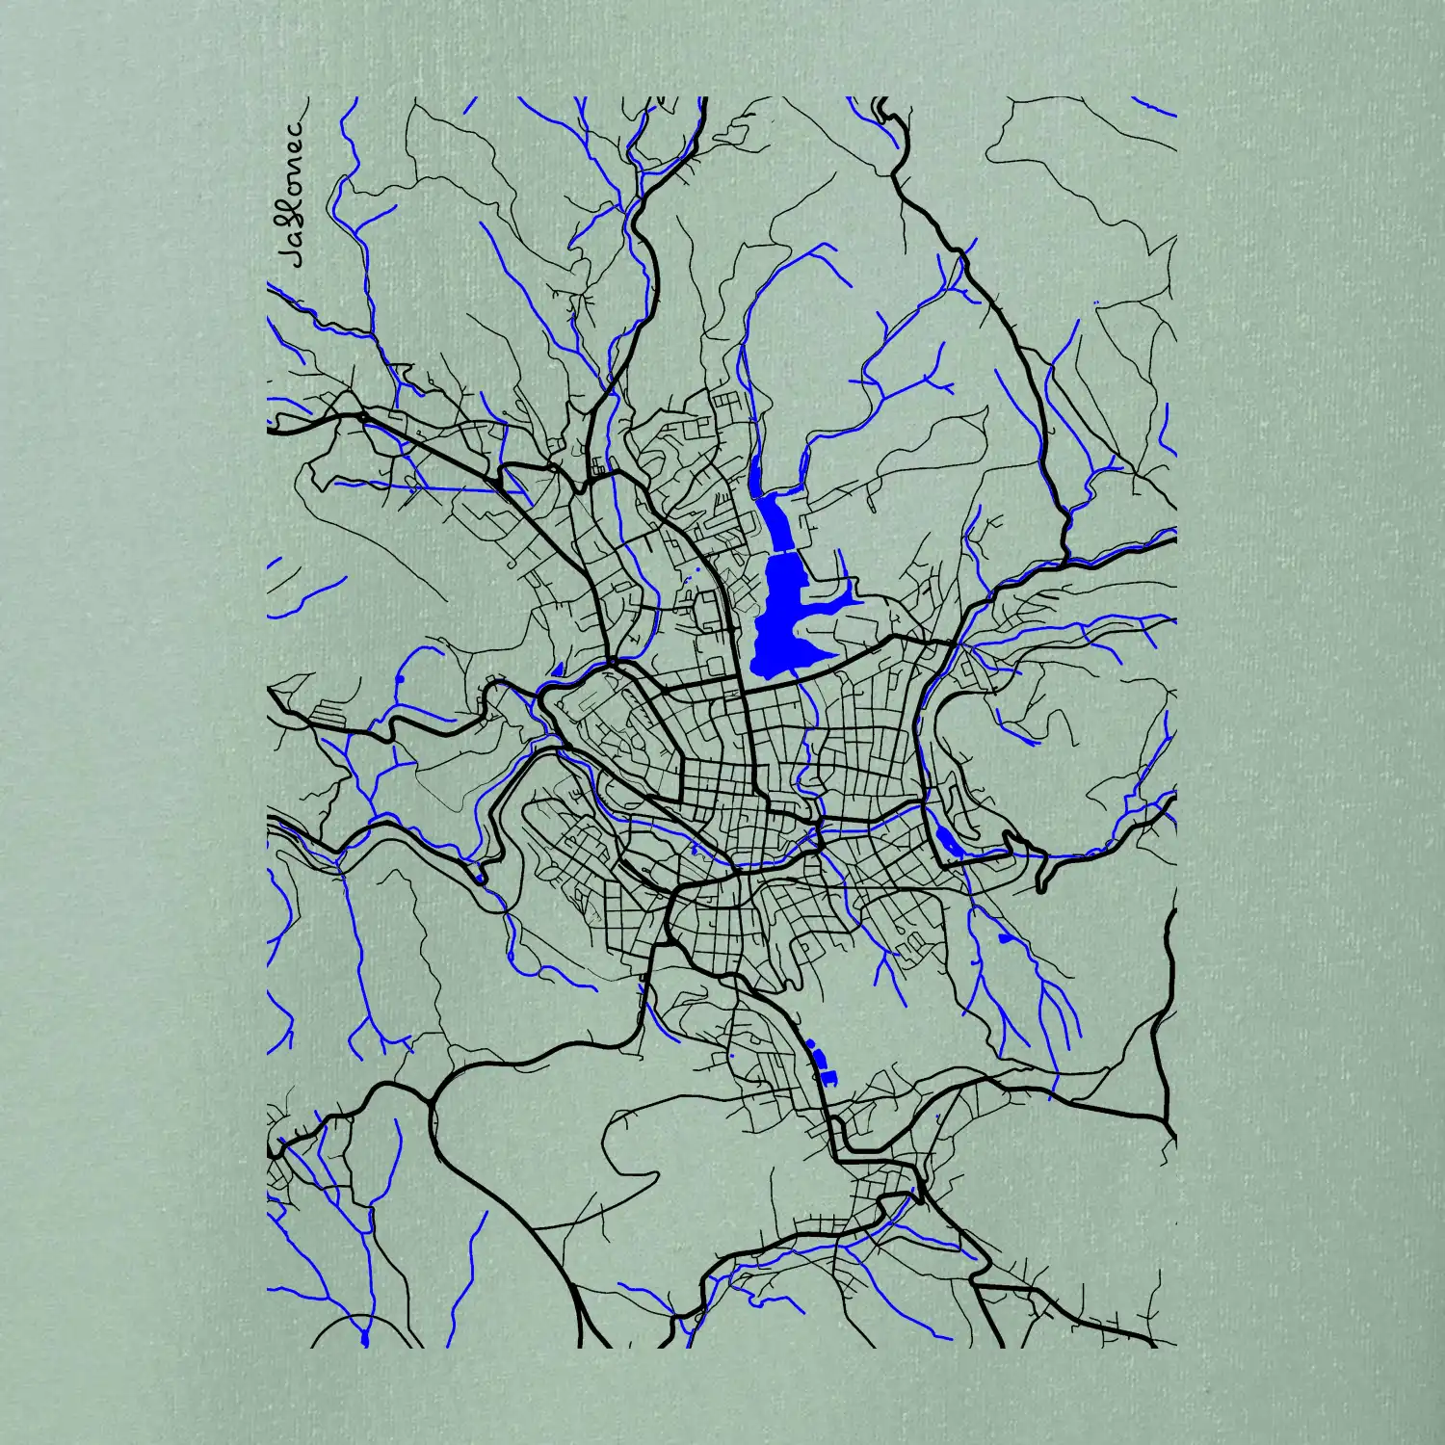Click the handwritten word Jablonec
(291, 192)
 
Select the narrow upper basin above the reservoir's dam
(775, 520)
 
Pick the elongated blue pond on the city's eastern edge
(946, 840)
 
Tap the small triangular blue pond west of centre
(557, 668)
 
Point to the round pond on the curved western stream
(399, 680)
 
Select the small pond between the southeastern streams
(1005, 937)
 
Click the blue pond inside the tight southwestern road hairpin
(479, 878)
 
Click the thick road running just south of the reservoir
(848, 665)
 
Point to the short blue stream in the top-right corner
(1153, 105)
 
